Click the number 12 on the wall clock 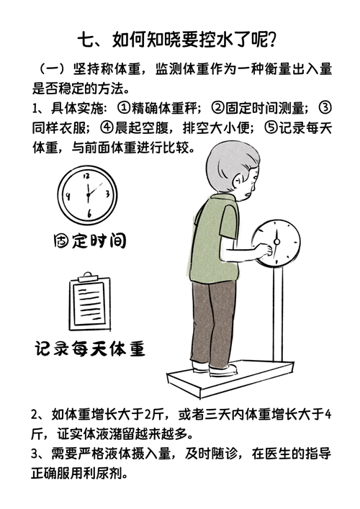(86, 176)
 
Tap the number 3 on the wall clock (107, 194)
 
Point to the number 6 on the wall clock (89, 213)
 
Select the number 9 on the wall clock (68, 196)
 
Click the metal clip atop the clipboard (88, 277)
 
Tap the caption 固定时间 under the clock (89, 240)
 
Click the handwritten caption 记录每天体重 (89, 348)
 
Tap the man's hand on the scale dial (264, 250)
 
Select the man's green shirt (215, 238)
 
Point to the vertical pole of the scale (277, 313)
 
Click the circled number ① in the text (124, 108)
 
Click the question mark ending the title (273, 40)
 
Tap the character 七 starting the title (85, 40)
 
